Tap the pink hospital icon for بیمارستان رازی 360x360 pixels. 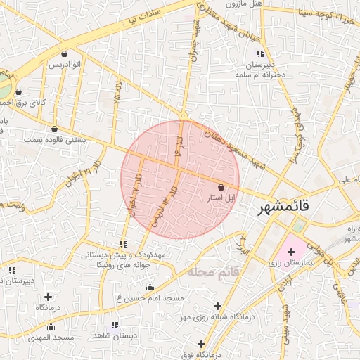click(291, 251)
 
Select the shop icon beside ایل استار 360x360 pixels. click(222, 188)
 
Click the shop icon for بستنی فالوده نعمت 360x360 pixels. click(55, 129)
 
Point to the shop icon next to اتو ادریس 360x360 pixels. click(65, 53)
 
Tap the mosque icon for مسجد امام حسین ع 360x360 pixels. click(149, 287)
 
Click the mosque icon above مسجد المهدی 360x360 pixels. click(51, 326)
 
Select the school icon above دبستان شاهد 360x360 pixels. click(115, 325)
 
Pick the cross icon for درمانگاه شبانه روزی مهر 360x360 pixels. click(217, 307)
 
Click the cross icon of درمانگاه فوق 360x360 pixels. click(202, 345)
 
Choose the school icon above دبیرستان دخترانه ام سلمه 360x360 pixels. click(260, 53)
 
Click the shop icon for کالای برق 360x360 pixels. click(18, 91)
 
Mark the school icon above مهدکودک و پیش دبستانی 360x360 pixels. click(124, 244)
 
